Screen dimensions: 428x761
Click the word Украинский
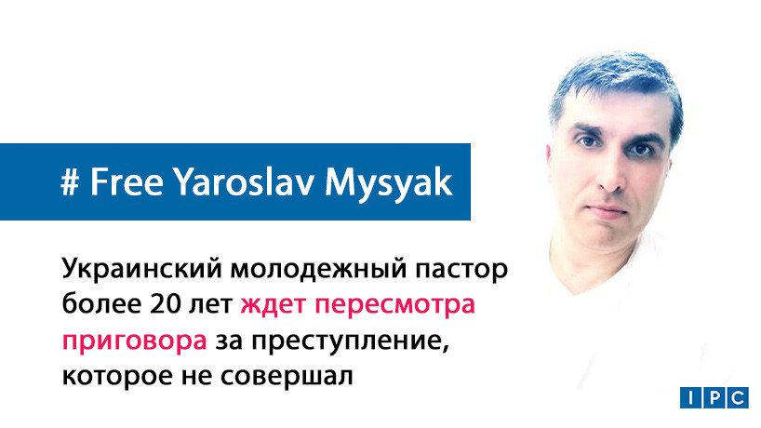[x=139, y=271]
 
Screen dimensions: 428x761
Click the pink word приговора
[x=135, y=342]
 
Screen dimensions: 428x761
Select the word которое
[x=115, y=376]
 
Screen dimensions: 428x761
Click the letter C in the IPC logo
[x=736, y=397]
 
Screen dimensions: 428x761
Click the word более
[x=96, y=306]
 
